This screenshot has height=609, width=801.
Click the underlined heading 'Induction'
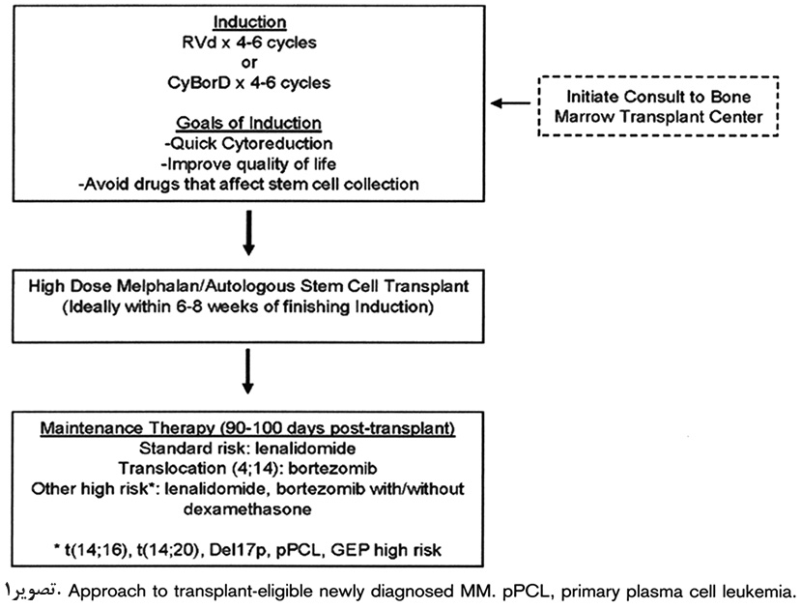pyautogui.click(x=249, y=22)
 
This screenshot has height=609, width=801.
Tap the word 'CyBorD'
pyautogui.click(x=199, y=83)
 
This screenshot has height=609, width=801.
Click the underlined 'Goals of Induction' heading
pyautogui.click(x=248, y=123)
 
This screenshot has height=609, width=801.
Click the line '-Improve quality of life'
pyautogui.click(x=248, y=164)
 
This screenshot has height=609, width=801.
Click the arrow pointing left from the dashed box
pyautogui.click(x=510, y=103)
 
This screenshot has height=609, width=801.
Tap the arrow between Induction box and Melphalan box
pyautogui.click(x=248, y=232)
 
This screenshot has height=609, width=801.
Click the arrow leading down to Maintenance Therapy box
pyautogui.click(x=247, y=371)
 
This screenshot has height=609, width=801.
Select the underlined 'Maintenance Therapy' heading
pyautogui.click(x=129, y=427)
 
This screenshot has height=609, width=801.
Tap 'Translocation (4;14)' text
pyautogui.click(x=201, y=469)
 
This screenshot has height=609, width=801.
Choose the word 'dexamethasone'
pyautogui.click(x=247, y=508)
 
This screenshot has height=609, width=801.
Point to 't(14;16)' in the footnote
pyautogui.click(x=97, y=550)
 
